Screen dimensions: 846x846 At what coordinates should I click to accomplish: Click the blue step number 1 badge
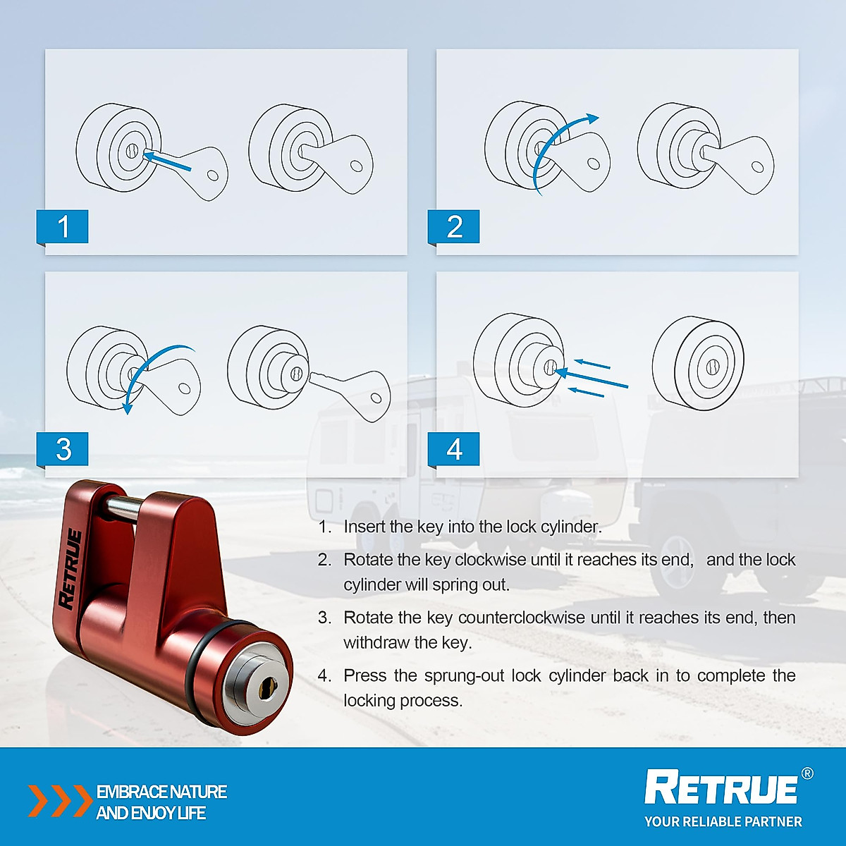tap(63, 227)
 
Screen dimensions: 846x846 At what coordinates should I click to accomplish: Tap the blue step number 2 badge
tap(454, 227)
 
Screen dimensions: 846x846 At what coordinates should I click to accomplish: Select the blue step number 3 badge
tap(63, 449)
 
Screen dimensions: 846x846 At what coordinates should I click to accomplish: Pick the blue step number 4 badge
tap(454, 449)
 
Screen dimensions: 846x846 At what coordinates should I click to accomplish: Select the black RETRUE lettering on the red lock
tap(71, 568)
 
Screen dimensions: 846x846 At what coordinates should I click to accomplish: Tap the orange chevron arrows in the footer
tap(59, 801)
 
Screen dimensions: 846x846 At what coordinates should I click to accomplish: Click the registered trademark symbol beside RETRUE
tap(807, 773)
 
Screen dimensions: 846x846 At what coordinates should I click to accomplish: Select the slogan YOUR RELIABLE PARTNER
tap(723, 822)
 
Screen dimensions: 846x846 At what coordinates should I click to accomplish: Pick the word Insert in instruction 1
tap(364, 527)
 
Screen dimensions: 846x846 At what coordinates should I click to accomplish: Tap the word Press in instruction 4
tap(365, 675)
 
